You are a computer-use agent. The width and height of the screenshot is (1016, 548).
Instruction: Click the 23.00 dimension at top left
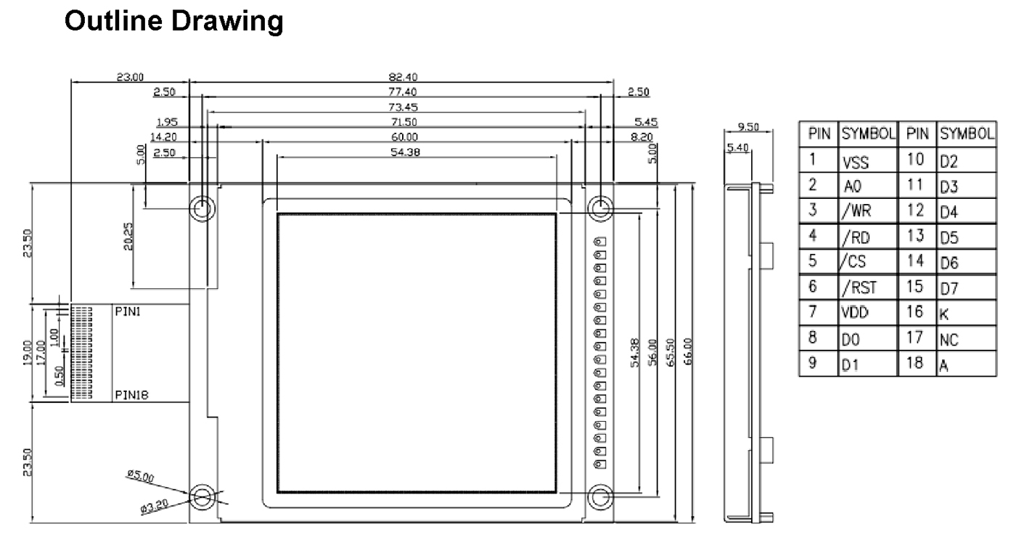tap(131, 77)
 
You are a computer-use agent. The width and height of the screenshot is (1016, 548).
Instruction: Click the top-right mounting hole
tap(599, 209)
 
